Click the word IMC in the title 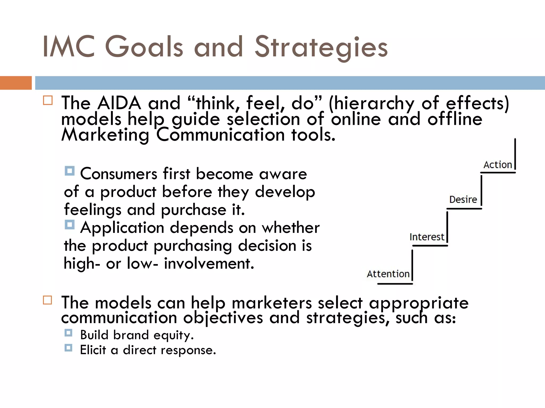tap(69, 47)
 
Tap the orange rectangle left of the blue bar tap(16, 83)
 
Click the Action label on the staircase tap(498, 165)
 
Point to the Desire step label tap(463, 200)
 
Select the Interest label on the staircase tap(427, 237)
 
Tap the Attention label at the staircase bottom tap(388, 274)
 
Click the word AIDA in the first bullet tap(119, 103)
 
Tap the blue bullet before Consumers tap(70, 171)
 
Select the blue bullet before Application tap(70, 225)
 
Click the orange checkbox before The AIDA tap(48, 100)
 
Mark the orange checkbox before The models tap(48, 300)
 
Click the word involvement tap(209, 264)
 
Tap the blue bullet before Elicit tap(68, 348)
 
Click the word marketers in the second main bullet tap(272, 303)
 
